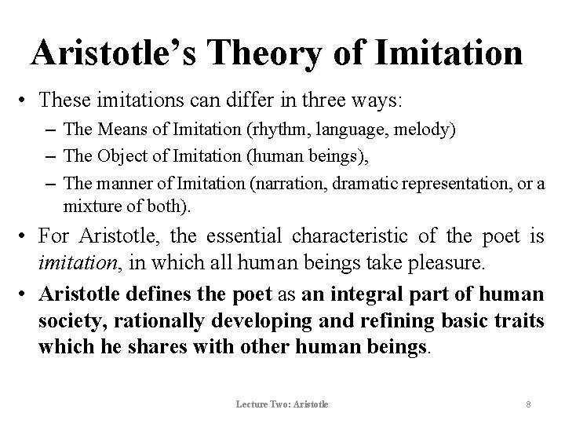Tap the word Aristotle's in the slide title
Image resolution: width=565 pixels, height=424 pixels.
coord(117,53)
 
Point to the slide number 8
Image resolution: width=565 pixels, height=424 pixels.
coord(528,404)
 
